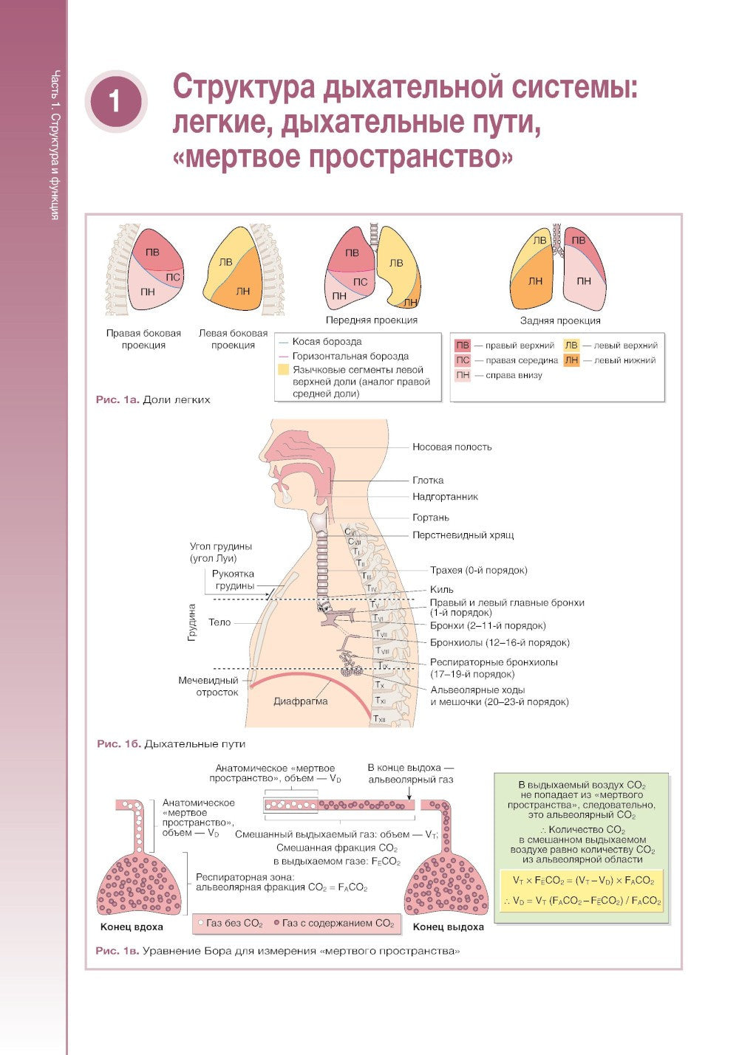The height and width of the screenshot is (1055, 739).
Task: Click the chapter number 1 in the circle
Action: pos(115,101)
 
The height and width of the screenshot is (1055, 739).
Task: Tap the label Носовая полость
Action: pos(452,447)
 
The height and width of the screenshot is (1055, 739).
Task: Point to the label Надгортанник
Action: pos(445,497)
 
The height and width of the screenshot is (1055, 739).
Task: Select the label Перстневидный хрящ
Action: pos(463,535)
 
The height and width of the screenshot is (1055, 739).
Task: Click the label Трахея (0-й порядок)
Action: pos(478,570)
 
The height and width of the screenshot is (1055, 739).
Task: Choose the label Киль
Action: pos(442,589)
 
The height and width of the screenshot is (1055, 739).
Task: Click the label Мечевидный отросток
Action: pos(208,686)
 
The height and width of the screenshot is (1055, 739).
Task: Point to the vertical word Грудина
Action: pos(192,622)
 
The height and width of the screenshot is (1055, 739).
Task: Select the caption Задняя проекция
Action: pos(559,320)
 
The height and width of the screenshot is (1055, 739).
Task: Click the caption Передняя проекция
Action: pos(372,320)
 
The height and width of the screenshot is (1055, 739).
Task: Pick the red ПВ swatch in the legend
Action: pos(463,345)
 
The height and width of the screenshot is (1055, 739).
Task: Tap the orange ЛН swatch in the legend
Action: pos(571,360)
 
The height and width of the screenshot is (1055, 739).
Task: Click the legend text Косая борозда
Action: pos(327,342)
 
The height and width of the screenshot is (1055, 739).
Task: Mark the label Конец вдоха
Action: pos(132,927)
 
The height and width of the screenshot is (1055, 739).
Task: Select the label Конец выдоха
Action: pos(448,927)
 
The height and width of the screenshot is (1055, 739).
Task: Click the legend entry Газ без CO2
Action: pos(231,923)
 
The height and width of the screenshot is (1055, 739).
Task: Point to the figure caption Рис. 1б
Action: pos(118,743)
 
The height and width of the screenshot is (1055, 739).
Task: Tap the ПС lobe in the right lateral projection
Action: pos(172,278)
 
